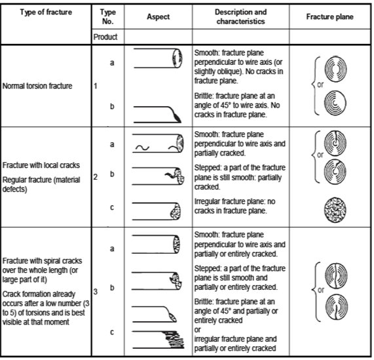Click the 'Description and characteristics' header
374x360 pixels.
tap(240, 17)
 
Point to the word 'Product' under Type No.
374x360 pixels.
tap(106, 37)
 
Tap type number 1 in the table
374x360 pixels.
tap(96, 86)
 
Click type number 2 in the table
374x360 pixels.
tap(96, 176)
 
